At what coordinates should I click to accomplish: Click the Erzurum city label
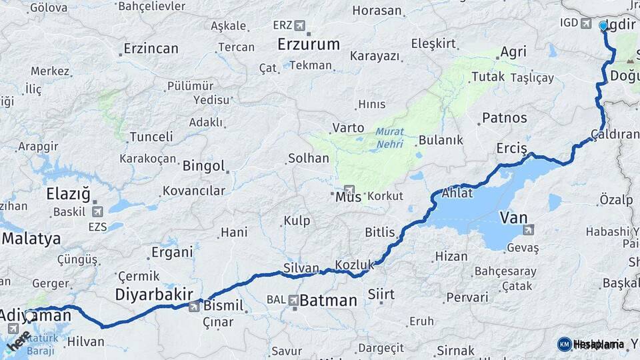[x=309, y=45]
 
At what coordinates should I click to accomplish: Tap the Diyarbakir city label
[x=154, y=294]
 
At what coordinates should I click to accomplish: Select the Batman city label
[x=328, y=300]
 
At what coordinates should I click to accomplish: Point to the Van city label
[x=513, y=217]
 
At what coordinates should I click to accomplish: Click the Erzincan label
[x=151, y=49]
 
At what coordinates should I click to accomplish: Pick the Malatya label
[x=31, y=239]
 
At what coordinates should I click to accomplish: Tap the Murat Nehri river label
[x=389, y=138]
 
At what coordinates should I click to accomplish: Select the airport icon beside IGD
[x=586, y=23]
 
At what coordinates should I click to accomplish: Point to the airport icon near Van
[x=529, y=230]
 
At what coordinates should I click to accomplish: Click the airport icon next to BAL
[x=293, y=300]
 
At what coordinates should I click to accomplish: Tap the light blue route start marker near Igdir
[x=603, y=25]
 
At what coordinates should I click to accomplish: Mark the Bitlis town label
[x=381, y=233]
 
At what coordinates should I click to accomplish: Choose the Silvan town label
[x=301, y=267]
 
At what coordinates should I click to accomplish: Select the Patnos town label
[x=505, y=118]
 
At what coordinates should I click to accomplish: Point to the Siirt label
[x=381, y=294]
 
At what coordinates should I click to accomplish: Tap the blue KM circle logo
[x=564, y=344]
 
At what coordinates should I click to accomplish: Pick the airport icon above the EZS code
[x=98, y=212]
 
